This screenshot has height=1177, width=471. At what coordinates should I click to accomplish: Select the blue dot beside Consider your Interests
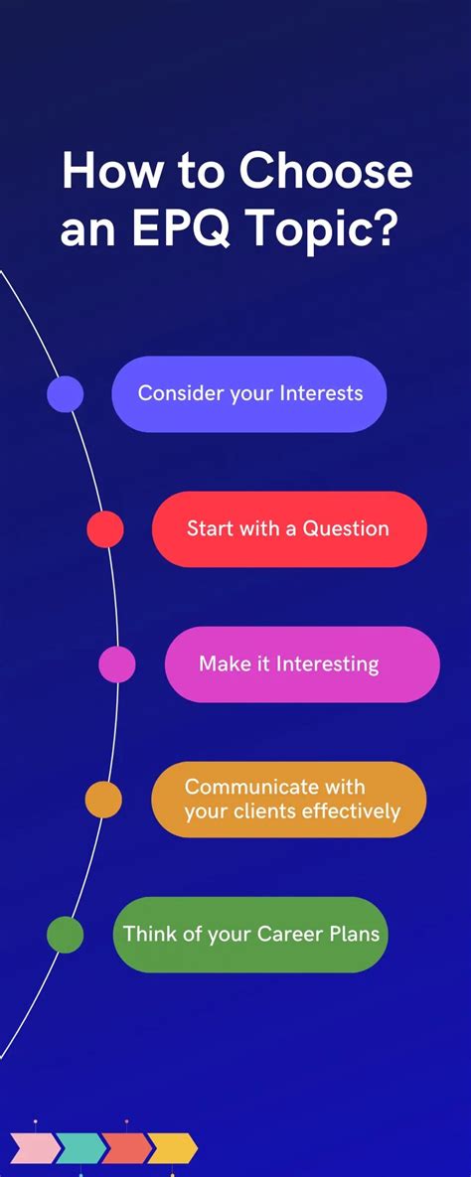pyautogui.click(x=65, y=394)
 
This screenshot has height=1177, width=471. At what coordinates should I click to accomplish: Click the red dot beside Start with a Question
pyautogui.click(x=104, y=529)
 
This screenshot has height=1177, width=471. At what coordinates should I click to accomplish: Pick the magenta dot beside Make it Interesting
pyautogui.click(x=116, y=664)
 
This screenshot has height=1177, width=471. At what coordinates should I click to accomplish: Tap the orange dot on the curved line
pyautogui.click(x=102, y=800)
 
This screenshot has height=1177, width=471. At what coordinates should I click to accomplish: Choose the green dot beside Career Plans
pyautogui.click(x=65, y=935)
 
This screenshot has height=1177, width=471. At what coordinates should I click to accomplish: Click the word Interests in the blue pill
pyautogui.click(x=320, y=393)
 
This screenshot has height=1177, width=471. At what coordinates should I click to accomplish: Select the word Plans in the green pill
pyautogui.click(x=356, y=934)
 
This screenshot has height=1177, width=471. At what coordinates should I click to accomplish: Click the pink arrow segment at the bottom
pyautogui.click(x=33, y=1148)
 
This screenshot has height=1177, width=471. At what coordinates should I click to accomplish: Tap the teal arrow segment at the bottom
pyautogui.click(x=79, y=1148)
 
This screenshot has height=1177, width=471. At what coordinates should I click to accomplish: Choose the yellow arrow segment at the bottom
pyautogui.click(x=171, y=1148)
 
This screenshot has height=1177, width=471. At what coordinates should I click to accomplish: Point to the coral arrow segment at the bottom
pyautogui.click(x=125, y=1148)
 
